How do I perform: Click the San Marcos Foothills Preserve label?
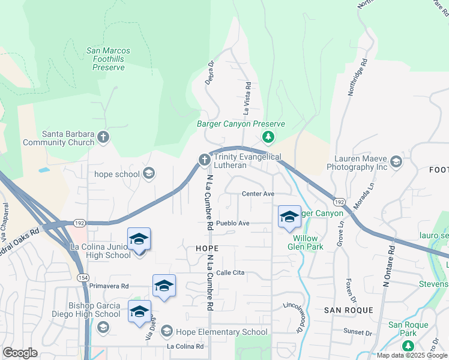[109, 59]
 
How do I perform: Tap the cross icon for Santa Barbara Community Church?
[103, 137]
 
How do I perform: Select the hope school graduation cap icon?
[148, 174]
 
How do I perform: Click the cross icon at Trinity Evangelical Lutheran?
[204, 160]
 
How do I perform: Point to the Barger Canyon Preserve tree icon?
[268, 138]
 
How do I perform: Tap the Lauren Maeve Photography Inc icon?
[396, 162]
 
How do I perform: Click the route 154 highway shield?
[82, 277]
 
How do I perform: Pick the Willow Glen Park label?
[306, 242]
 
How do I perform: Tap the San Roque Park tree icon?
[408, 346]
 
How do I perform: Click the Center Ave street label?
[258, 194]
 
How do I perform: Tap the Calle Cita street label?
[231, 272]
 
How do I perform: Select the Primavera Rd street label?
[109, 286]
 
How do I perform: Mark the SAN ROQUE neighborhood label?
[349, 310]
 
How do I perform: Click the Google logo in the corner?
[20, 353]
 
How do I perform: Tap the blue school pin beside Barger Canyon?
[289, 218]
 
